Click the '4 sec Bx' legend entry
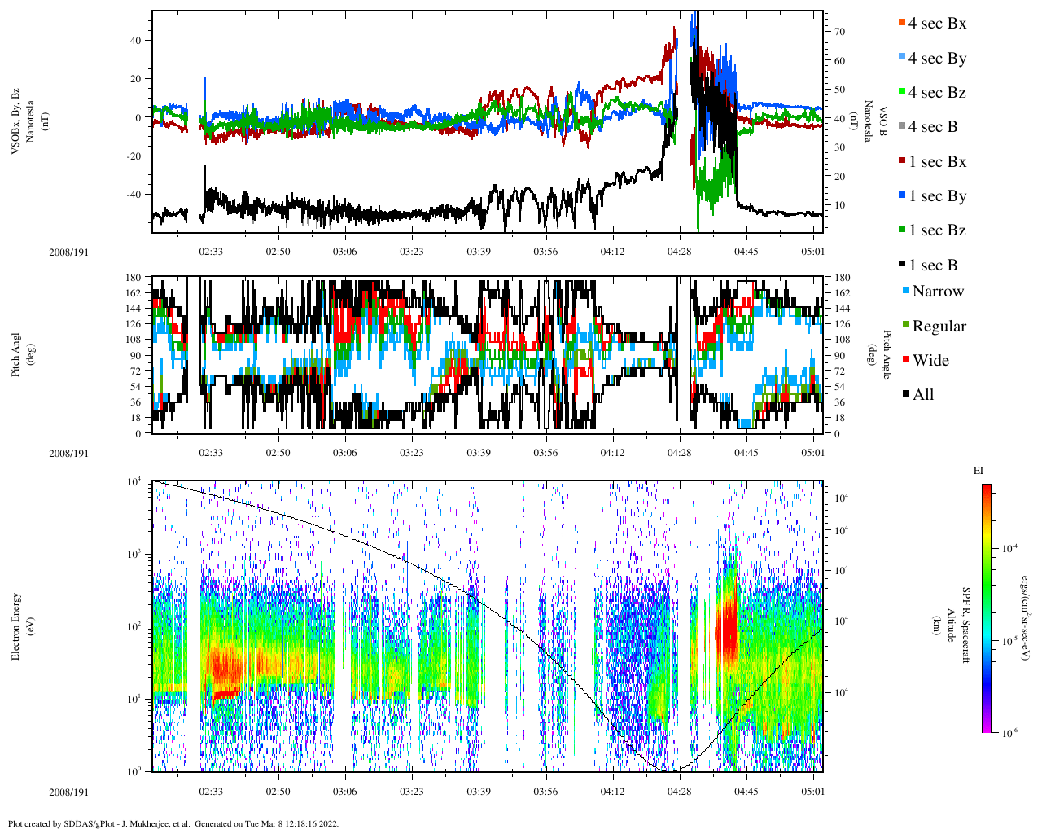(x=937, y=24)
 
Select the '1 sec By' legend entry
(x=937, y=196)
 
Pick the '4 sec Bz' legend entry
(x=937, y=93)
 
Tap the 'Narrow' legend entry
(x=937, y=292)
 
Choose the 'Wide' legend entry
(x=930, y=361)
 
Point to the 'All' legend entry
(x=923, y=395)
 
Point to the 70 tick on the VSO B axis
(x=838, y=32)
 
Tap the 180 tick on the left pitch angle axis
(x=134, y=278)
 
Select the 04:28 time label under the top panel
(x=679, y=252)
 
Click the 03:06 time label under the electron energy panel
(x=345, y=792)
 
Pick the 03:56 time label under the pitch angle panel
(x=545, y=453)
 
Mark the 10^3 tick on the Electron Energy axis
(x=133, y=554)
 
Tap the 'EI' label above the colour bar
(x=979, y=471)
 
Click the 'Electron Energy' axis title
(x=16, y=625)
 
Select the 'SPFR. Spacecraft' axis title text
(x=967, y=625)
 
